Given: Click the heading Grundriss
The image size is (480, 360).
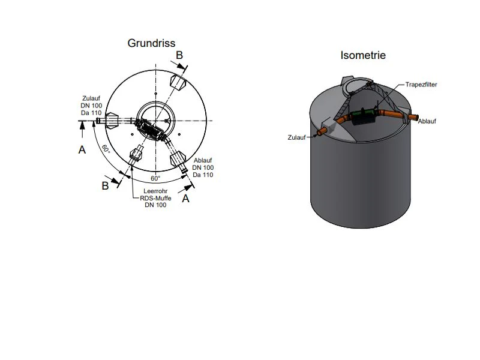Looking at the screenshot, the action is point(151,43).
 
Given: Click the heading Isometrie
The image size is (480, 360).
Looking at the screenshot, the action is point(363,55).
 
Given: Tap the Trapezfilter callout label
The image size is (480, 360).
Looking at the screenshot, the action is point(421,85).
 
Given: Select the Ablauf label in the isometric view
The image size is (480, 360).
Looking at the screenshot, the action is point(427,121).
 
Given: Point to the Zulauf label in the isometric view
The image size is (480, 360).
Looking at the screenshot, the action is point(296,137).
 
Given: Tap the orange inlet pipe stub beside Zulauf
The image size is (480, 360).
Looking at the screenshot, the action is point(322,131).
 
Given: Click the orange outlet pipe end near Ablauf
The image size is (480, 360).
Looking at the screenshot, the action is point(413,118).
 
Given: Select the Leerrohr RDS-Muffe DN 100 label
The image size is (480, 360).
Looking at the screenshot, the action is point(155,198).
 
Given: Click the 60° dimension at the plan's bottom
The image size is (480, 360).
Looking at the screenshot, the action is point(155,178).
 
